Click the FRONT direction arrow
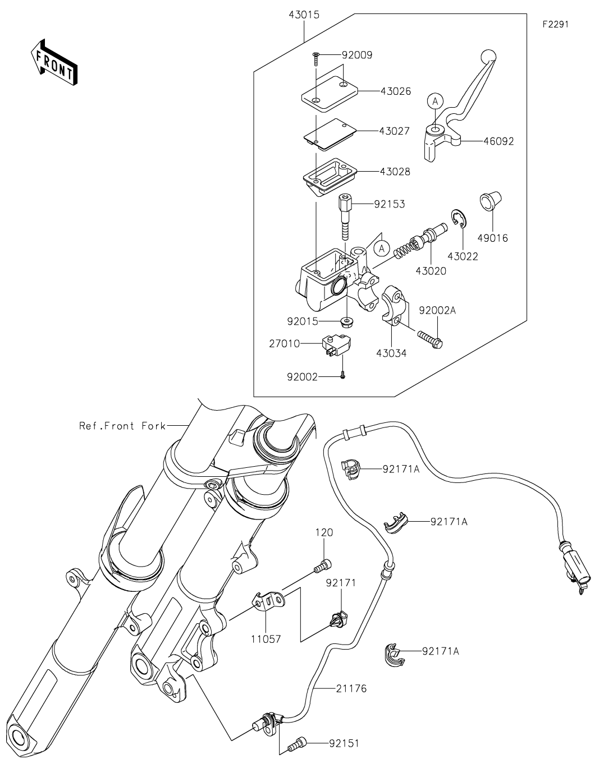pos(54,62)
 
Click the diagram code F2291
pos(556,24)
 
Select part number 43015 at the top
pos(304,15)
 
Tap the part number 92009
pos(357,55)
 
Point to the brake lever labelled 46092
pos(459,107)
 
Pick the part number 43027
pos(394,131)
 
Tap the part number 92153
pos(390,204)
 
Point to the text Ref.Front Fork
pos(122,426)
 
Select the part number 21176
pos(351,689)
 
